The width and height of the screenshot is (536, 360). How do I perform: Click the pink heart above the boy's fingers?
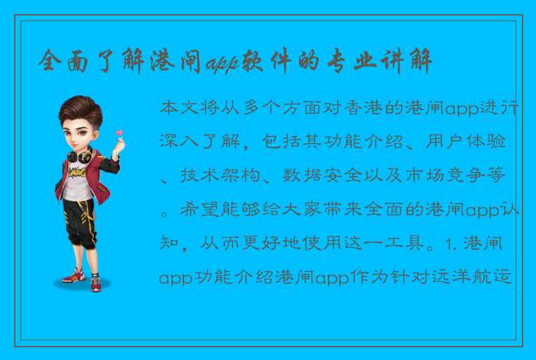(x=119, y=132)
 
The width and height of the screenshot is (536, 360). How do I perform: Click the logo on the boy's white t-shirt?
(x=80, y=173)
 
